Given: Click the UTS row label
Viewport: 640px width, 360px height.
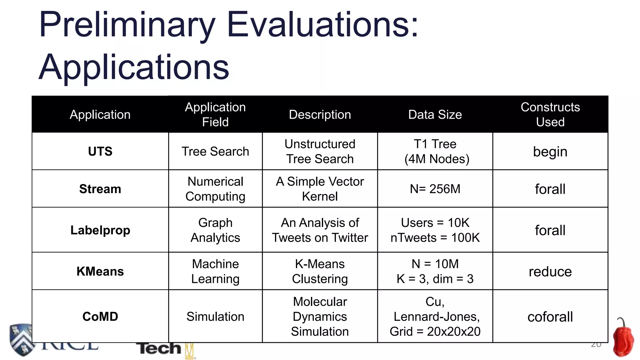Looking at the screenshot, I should pos(100,152).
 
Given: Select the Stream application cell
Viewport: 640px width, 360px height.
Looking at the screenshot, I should pos(100,189).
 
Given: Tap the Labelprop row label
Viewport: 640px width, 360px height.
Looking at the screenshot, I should pos(100,230).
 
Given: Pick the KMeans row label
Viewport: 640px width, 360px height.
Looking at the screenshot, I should pos(100,272).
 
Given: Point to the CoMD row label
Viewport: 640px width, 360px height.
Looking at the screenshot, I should pos(100,317).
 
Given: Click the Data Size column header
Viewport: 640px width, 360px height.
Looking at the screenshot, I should pos(435,115).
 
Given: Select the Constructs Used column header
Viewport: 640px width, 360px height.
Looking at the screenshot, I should pos(550,114).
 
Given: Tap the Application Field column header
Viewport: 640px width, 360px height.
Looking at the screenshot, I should pos(215,114).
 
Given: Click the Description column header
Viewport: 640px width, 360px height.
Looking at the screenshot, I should pos(320,115).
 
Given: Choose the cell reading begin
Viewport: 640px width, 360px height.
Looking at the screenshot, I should pos(550,152).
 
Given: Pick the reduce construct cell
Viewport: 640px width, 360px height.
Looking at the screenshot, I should pos(550,272).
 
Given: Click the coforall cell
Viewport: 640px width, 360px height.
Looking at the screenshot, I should pos(550,317).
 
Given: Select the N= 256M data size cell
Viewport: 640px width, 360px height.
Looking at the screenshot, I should pos(435,189).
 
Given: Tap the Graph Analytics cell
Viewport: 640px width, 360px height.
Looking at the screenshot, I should pos(215,230).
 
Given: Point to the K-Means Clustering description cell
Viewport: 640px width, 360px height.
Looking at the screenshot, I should pos(320,272).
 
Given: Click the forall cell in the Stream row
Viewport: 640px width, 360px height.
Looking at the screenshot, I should pos(550,189).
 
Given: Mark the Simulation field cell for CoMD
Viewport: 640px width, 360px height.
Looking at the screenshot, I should pos(215,317).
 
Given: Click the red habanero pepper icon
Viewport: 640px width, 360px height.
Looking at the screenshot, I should pos(623,339).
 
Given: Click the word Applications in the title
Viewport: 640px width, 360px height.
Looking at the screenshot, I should pos(134,67).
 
